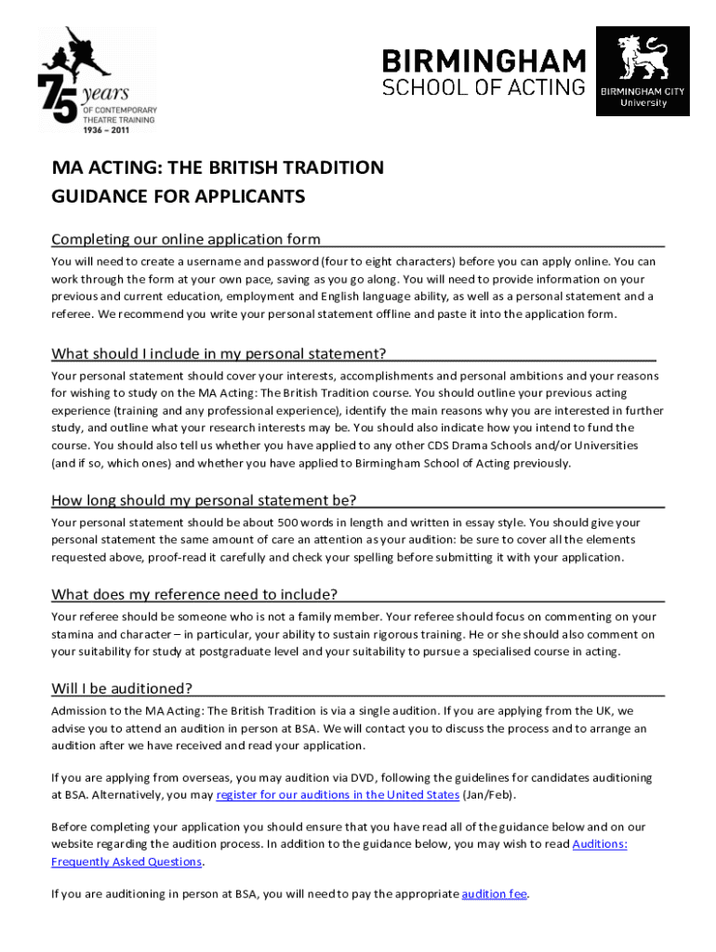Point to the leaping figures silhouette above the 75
click(x=73, y=51)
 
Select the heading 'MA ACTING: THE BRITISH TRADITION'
click(x=218, y=168)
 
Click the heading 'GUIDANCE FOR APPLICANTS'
click(x=179, y=197)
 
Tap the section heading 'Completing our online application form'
click(x=186, y=239)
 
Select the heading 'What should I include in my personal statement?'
click(x=219, y=352)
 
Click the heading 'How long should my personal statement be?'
click(x=204, y=500)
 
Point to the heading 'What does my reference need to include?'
click(x=194, y=594)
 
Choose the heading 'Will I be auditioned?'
click(x=122, y=688)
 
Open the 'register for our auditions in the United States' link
click(x=338, y=795)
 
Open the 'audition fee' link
click(x=495, y=894)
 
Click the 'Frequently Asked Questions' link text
click(x=126, y=862)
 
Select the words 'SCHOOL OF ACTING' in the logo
click(x=484, y=87)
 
